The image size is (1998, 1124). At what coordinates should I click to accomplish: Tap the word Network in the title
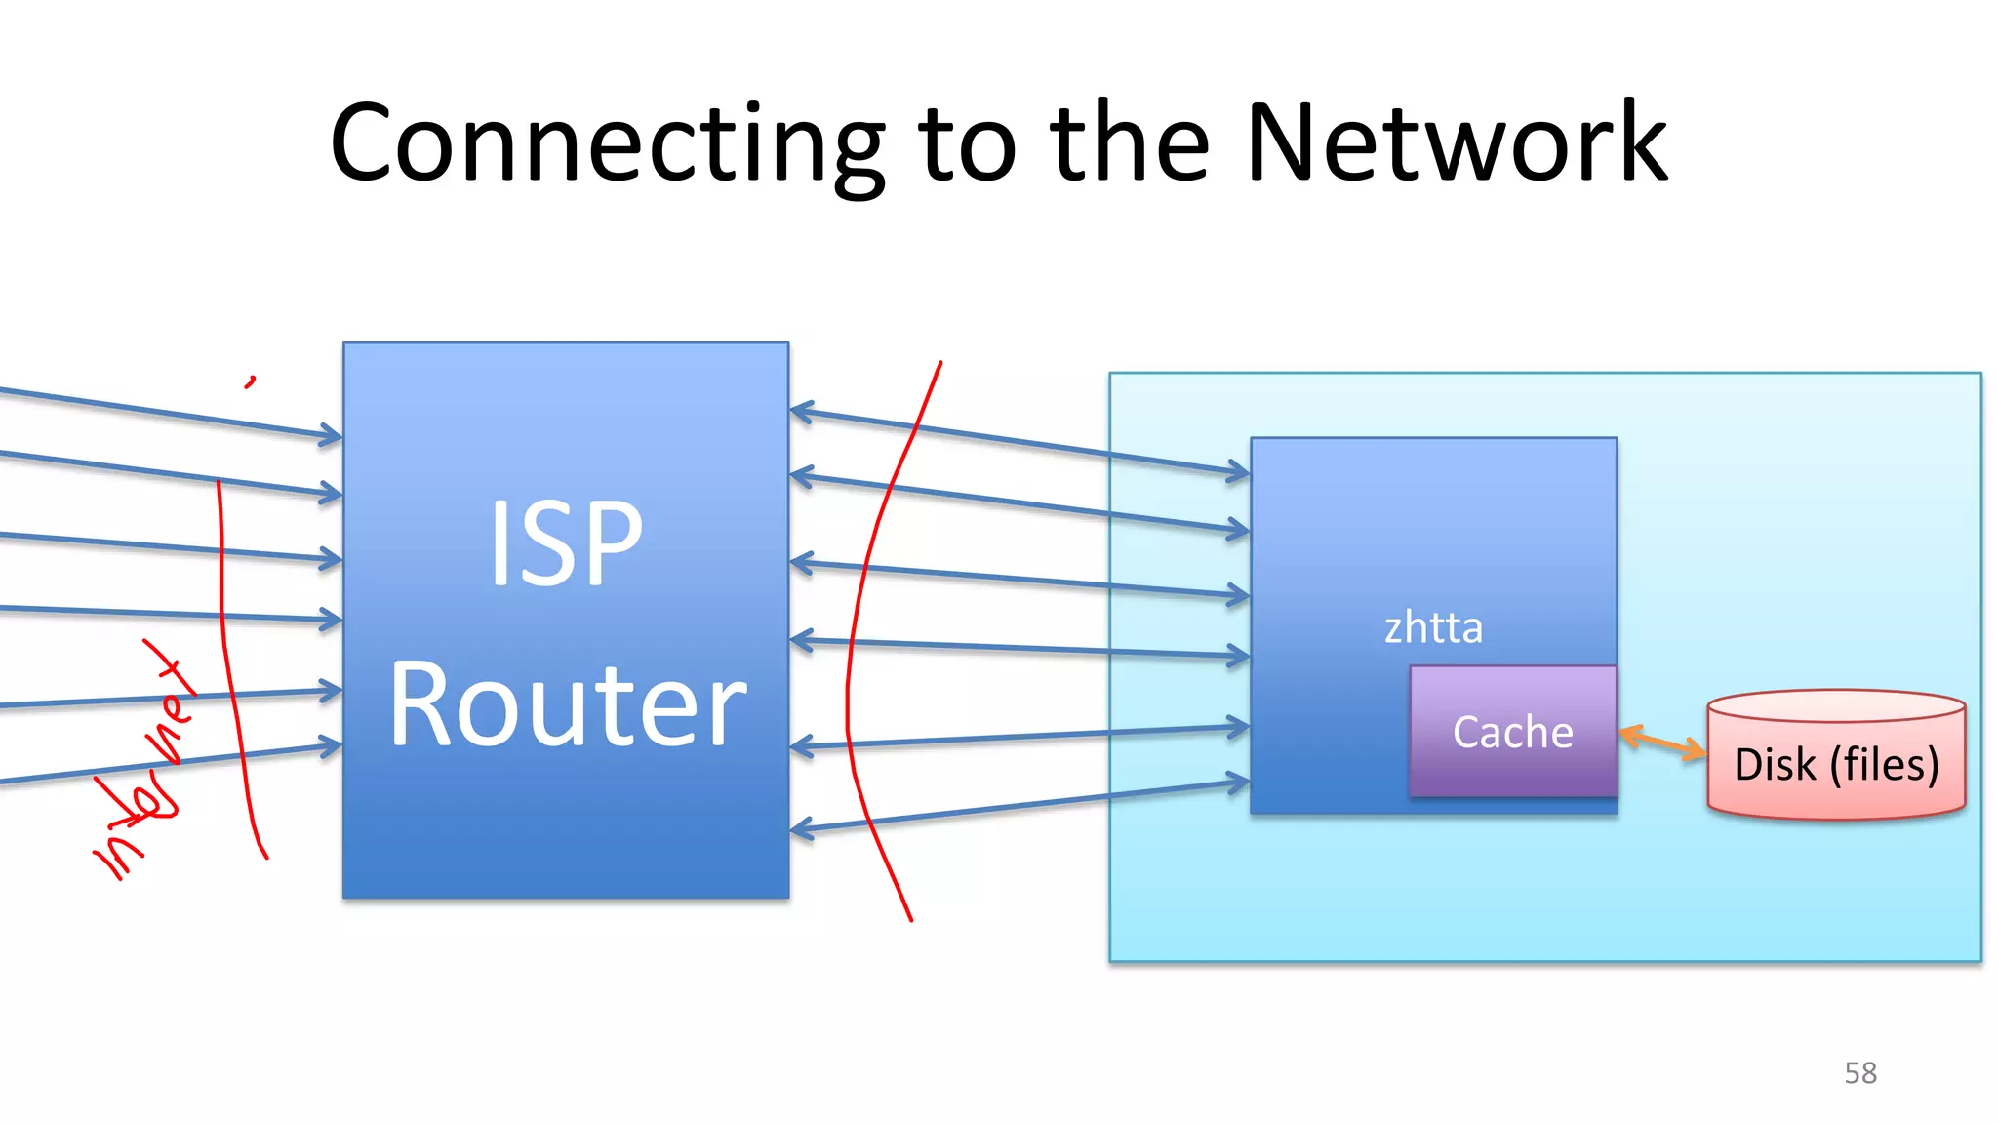coord(1457,144)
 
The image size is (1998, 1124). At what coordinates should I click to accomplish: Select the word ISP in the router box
coord(566,543)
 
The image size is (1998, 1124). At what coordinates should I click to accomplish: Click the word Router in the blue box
coord(568,704)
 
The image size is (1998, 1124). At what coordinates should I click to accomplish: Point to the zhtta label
coord(1433,627)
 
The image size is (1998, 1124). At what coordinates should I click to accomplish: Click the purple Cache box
coord(1512,732)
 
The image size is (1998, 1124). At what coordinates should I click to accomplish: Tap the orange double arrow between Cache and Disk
coord(1662,743)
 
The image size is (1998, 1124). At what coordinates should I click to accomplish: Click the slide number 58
coord(1859,1072)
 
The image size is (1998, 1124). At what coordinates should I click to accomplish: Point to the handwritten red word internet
coord(146,771)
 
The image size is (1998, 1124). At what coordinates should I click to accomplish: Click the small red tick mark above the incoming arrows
coord(251,381)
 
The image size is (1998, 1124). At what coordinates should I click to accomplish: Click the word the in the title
coord(1130,144)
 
